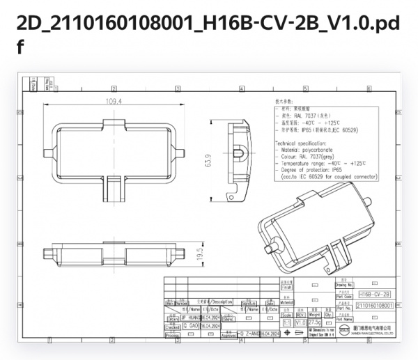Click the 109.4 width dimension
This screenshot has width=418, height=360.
pyautogui.click(x=114, y=101)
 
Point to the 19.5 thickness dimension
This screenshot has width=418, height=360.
pyautogui.click(x=199, y=253)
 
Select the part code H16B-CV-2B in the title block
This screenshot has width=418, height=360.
pyautogui.click(x=374, y=295)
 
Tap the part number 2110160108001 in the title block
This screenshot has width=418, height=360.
pyautogui.click(x=374, y=305)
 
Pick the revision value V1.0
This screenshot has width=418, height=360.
pyautogui.click(x=301, y=324)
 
